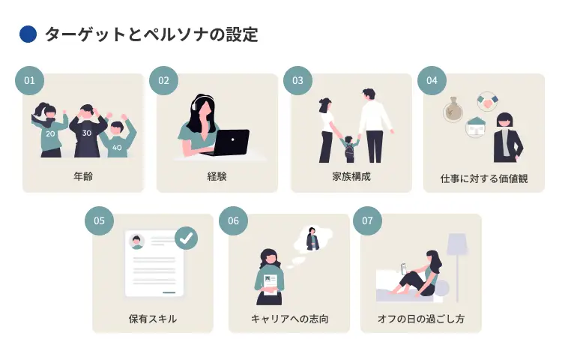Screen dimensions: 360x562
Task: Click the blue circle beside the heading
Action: tap(28, 34)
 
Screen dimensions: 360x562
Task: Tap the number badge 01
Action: tap(30, 80)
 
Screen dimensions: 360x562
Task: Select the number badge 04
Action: tap(432, 80)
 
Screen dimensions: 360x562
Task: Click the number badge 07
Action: tap(367, 220)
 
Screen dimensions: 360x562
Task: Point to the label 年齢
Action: tap(83, 178)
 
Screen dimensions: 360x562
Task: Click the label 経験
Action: tap(217, 178)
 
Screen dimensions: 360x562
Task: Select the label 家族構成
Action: tap(351, 178)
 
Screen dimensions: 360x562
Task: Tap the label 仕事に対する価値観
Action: tap(483, 178)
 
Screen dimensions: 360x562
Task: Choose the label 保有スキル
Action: tap(153, 318)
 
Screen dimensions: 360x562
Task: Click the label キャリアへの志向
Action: tap(289, 318)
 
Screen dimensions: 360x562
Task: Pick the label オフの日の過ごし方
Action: tap(421, 318)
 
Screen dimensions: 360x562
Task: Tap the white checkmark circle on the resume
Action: tap(186, 238)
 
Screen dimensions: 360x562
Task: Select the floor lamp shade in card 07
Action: tap(456, 244)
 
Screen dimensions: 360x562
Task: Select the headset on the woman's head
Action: tap(199, 103)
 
